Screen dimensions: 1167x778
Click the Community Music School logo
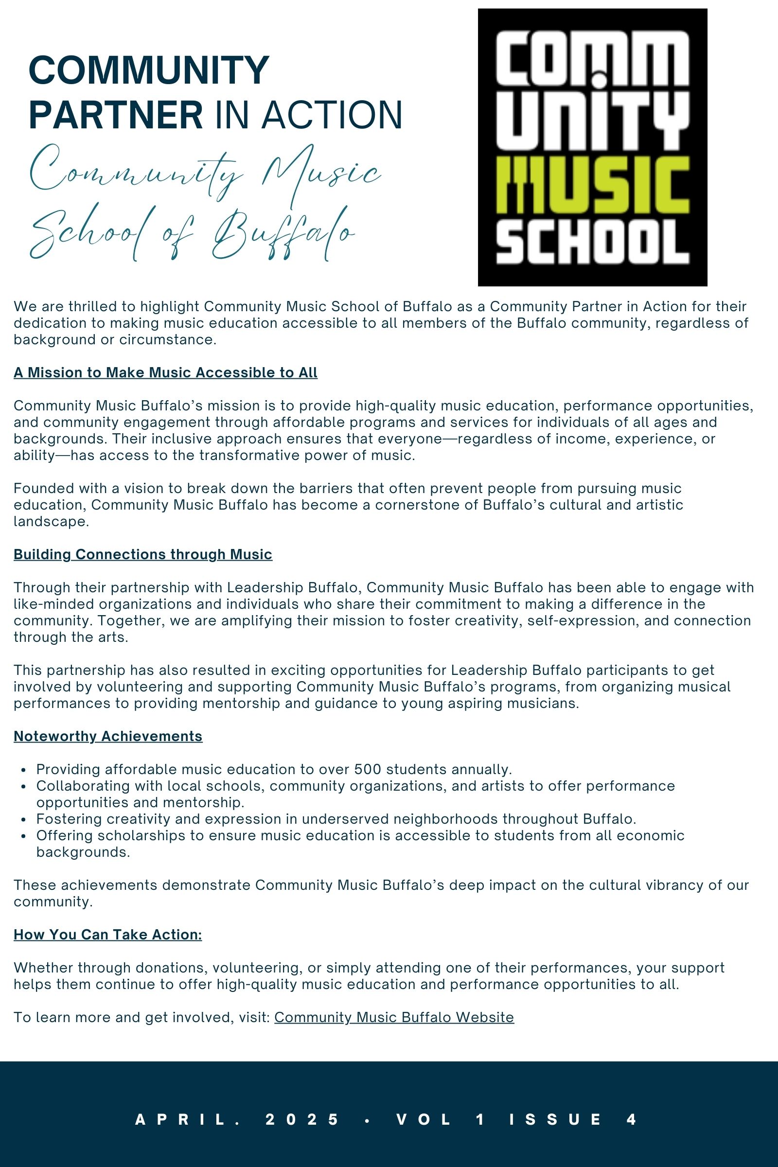(592, 147)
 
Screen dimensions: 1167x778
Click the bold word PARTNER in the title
(116, 115)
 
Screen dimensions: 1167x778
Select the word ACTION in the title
(332, 115)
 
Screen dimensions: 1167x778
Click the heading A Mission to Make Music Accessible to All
(165, 372)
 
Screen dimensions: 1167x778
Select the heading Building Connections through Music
(143, 554)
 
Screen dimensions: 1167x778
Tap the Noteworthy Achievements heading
(108, 736)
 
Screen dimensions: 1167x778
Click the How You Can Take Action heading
(107, 934)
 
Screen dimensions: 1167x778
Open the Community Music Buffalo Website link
(394, 1017)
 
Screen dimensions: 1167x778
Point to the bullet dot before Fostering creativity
(24, 820)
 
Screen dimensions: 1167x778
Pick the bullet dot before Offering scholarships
(24, 836)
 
